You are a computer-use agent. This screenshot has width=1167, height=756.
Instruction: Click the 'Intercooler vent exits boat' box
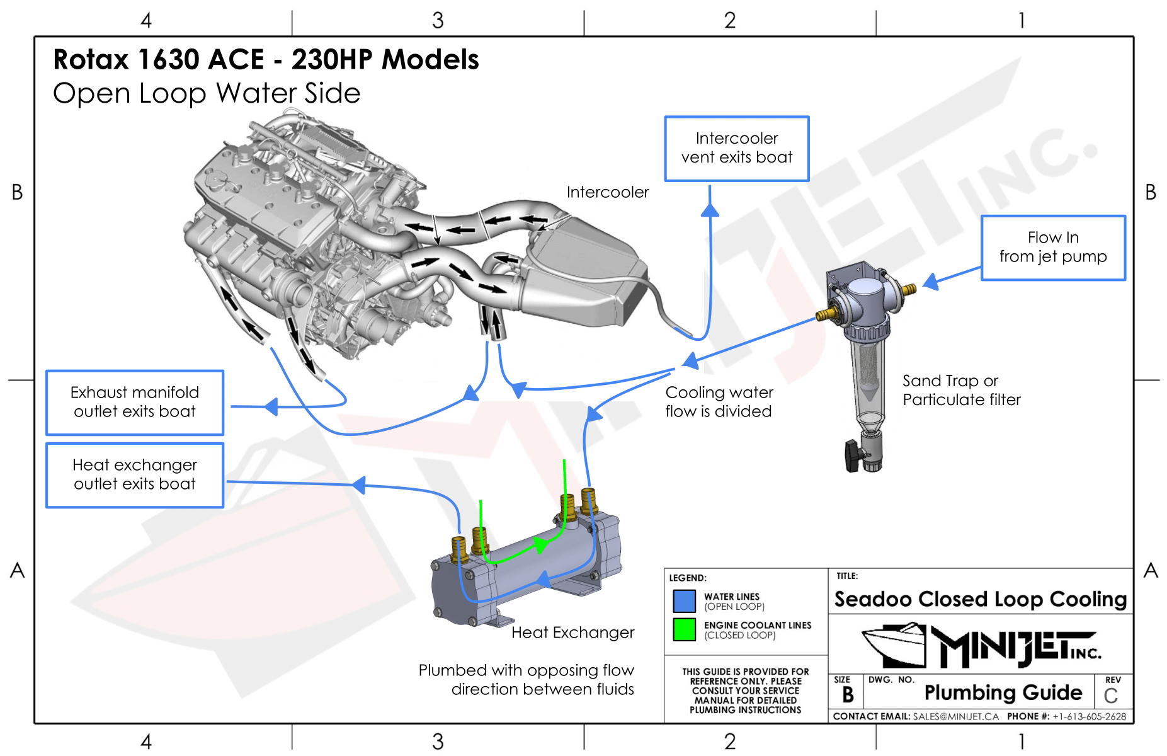[x=736, y=149]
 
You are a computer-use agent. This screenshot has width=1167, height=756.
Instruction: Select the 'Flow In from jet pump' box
[x=1052, y=248]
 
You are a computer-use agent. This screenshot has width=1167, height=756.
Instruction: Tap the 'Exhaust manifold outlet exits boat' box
[x=135, y=403]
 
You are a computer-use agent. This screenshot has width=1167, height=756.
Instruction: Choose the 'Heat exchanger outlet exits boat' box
[x=135, y=475]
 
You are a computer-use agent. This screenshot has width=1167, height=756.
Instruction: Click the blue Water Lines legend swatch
[x=684, y=601]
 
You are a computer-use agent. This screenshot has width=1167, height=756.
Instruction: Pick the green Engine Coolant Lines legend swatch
[x=684, y=629]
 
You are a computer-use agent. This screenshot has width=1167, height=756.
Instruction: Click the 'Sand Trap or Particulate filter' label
[x=961, y=390]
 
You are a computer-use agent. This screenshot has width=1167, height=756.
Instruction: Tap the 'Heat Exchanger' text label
[x=572, y=633]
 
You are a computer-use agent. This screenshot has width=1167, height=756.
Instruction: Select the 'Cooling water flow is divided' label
[x=719, y=402]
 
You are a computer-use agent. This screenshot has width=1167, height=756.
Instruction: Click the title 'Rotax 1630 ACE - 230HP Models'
[x=266, y=60]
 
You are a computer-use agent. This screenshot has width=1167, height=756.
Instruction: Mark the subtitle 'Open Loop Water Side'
[x=207, y=93]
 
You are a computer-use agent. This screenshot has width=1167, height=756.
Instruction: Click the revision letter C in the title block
[x=1110, y=696]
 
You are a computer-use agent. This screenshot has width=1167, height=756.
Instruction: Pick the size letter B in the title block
[x=848, y=695]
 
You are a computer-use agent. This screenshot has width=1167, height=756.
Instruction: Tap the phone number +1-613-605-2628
[x=1089, y=716]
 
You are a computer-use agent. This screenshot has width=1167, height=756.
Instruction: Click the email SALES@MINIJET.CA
[x=955, y=716]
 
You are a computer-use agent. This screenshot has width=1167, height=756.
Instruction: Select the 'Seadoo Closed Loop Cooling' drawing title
[x=980, y=599]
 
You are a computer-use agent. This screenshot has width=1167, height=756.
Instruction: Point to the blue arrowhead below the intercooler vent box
[x=710, y=210]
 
